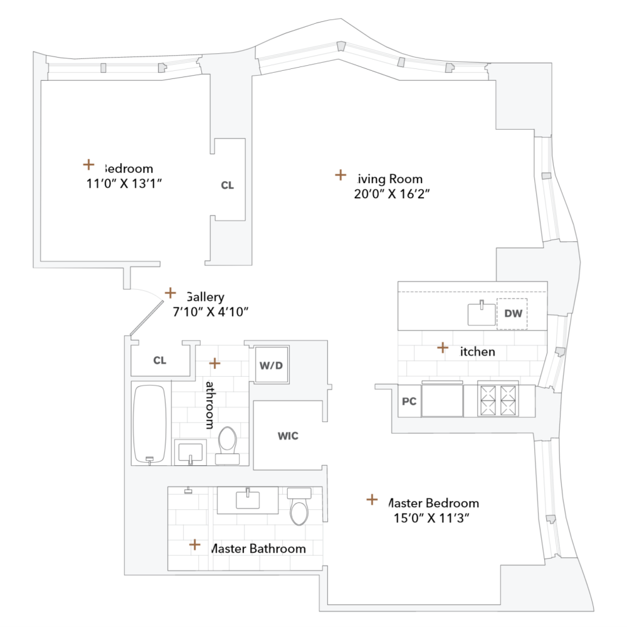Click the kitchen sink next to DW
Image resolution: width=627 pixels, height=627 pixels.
pyautogui.click(x=482, y=313)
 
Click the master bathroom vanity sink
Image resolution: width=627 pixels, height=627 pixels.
pyautogui.click(x=248, y=500)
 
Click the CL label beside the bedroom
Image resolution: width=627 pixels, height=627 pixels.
pyautogui.click(x=228, y=185)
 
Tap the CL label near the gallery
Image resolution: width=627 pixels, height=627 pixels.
pyautogui.click(x=160, y=360)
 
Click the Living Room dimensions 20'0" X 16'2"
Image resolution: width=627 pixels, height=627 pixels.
pyautogui.click(x=391, y=194)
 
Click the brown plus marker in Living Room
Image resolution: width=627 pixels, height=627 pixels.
pyautogui.click(x=340, y=175)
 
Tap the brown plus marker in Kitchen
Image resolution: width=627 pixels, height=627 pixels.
pyautogui.click(x=443, y=347)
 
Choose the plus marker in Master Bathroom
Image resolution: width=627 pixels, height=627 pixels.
pyautogui.click(x=195, y=545)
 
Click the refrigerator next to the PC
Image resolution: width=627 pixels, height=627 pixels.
pyautogui.click(x=443, y=400)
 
